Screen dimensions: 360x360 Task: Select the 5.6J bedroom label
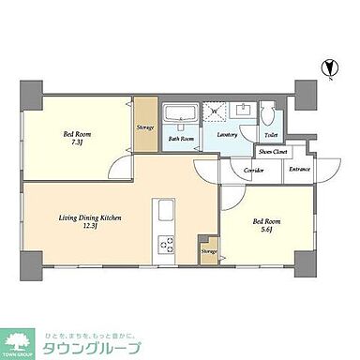pyautogui.click(x=266, y=226)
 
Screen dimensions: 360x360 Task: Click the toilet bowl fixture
pyautogui.click(x=267, y=116)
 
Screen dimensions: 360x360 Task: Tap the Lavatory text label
pyautogui.click(x=227, y=137)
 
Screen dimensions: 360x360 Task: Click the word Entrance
pyautogui.click(x=299, y=169)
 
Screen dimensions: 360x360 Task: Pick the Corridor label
pyautogui.click(x=254, y=170)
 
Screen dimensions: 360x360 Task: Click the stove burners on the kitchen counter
pyautogui.click(x=169, y=245)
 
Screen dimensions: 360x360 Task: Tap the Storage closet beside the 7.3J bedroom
pyautogui.click(x=145, y=126)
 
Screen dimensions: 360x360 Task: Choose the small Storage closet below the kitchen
pyautogui.click(x=208, y=251)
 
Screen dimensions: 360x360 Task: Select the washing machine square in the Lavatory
pyautogui.click(x=215, y=114)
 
